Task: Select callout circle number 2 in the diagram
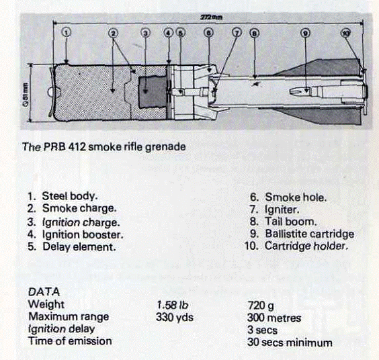(x=114, y=32)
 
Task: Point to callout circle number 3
(x=146, y=32)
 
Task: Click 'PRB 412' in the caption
(x=67, y=145)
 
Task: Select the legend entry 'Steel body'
(x=70, y=196)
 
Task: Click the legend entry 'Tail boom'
(x=290, y=221)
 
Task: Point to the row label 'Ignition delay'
(x=62, y=330)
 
